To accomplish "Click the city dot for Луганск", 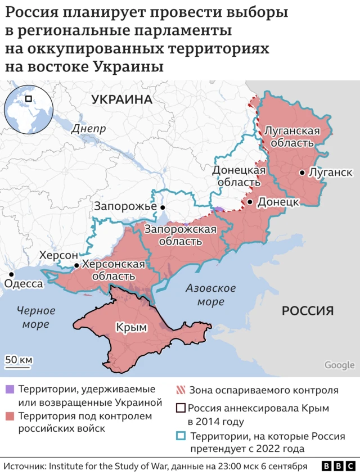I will (x=303, y=173).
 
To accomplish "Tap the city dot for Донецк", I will (x=250, y=201).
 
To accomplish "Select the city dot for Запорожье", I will (x=163, y=207).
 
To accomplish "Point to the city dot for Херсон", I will (x=76, y=265).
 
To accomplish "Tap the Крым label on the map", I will (x=131, y=327).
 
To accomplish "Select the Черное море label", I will (x=35, y=317).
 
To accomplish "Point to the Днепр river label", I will (x=89, y=128).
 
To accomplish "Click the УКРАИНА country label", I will (x=122, y=99).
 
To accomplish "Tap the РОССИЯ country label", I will (x=308, y=310).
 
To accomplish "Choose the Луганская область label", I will (x=292, y=137).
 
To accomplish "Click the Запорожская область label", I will (x=181, y=235).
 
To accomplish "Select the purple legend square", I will (x=10, y=390).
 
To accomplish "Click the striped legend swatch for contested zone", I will (x=181, y=390).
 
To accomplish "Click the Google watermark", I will (x=339, y=365).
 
